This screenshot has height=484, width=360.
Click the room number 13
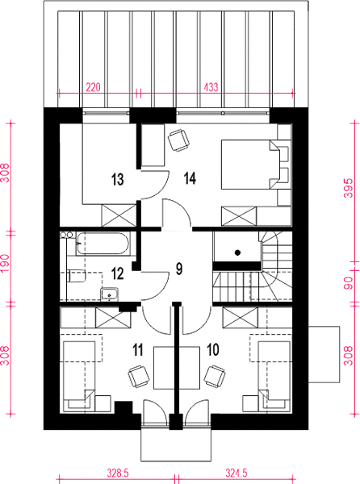[118, 179]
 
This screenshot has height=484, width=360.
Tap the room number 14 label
[190, 178]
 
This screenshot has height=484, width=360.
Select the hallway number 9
[179, 269]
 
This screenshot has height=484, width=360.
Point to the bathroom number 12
[118, 273]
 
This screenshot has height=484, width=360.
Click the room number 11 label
[138, 350]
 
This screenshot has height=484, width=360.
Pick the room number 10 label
[213, 350]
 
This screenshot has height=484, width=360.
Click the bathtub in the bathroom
[103, 244]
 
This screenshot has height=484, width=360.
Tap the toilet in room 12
[76, 276]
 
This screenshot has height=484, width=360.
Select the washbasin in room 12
[109, 294]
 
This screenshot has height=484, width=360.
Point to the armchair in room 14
[178, 140]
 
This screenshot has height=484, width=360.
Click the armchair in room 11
[139, 376]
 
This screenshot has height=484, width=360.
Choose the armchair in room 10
[215, 376]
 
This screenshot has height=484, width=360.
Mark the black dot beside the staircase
[237, 252]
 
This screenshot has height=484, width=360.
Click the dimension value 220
[94, 87]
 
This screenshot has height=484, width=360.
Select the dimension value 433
[211, 87]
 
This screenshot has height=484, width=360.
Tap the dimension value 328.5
[118, 473]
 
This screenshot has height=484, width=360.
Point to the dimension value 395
[348, 188]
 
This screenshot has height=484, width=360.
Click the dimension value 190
[6, 263]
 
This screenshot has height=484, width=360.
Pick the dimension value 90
[348, 283]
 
